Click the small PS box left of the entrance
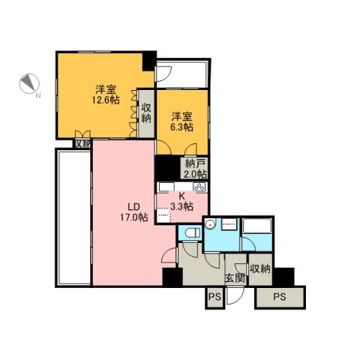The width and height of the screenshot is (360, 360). pos(214,297)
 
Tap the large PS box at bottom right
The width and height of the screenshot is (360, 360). pos(280,297)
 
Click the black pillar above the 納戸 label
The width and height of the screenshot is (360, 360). pos(166,166)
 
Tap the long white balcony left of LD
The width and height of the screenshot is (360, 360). pos(73,217)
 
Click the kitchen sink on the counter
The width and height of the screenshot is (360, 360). pos(167,187)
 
